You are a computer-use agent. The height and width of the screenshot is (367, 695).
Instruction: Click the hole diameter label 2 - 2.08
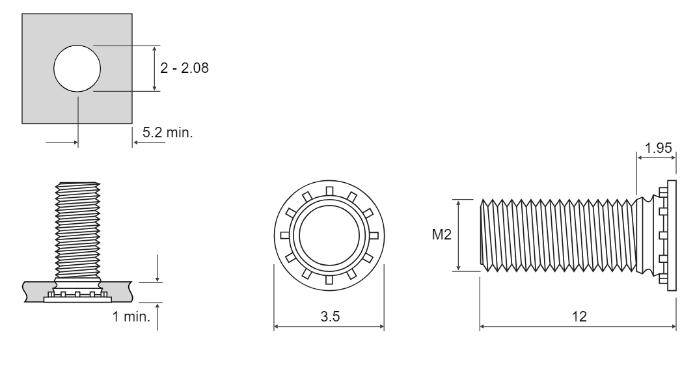[x=184, y=68]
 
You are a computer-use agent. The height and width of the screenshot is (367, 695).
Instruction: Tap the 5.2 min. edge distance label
[x=167, y=132]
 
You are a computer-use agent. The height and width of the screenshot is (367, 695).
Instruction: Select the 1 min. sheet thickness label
[x=131, y=316]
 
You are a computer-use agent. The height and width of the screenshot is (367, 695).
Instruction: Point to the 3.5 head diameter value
[x=330, y=316]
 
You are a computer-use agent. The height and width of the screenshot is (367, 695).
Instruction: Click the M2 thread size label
[x=441, y=234]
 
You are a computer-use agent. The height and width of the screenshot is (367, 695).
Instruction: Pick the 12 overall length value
[x=579, y=316]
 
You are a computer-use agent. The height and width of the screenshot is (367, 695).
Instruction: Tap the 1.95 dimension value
[x=658, y=148]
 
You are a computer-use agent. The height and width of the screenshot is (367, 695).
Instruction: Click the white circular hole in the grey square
[x=77, y=68]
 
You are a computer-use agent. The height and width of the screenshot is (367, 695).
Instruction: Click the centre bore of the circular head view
[x=329, y=236]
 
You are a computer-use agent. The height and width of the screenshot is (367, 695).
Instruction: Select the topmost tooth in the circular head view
[x=329, y=191]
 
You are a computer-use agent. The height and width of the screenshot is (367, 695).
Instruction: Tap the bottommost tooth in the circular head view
[x=329, y=280]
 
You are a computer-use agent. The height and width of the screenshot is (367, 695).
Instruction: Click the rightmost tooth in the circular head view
[x=374, y=236]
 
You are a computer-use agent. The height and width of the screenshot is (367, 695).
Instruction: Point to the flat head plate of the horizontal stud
[x=672, y=236]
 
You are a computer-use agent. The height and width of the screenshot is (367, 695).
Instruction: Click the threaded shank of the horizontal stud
[x=558, y=236]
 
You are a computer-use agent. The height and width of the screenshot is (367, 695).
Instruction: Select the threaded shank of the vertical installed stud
[x=77, y=230]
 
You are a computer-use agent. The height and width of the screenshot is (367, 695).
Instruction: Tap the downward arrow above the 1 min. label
[x=157, y=268]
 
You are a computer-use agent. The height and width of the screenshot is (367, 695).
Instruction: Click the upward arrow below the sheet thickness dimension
[x=157, y=316]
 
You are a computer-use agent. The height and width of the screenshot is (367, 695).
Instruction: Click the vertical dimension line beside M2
[x=458, y=235]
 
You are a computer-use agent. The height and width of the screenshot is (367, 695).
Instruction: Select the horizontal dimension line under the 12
[x=578, y=327]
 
